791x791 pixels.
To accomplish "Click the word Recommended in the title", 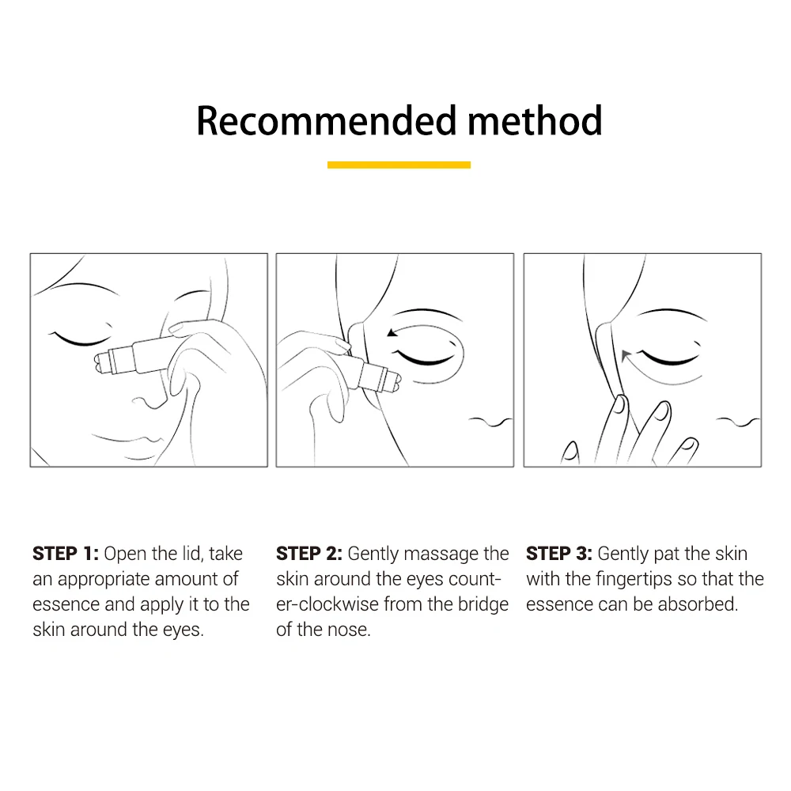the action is (327, 120).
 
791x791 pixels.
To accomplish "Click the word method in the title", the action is (535, 120).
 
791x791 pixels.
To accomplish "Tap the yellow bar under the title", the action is (399, 165).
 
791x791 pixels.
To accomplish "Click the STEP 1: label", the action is (66, 554).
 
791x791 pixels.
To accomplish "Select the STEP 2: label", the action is (309, 554).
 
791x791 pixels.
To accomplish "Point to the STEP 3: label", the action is (559, 554).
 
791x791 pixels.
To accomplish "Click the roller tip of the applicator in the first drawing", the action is (102, 364).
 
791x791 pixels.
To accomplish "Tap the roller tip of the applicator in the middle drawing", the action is (393, 381).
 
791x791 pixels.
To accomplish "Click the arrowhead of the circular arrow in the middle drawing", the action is (392, 332).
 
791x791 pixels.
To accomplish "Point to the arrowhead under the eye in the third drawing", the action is (626, 356).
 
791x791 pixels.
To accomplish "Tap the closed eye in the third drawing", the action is (671, 357).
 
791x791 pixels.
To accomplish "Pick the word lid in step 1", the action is (192, 554).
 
